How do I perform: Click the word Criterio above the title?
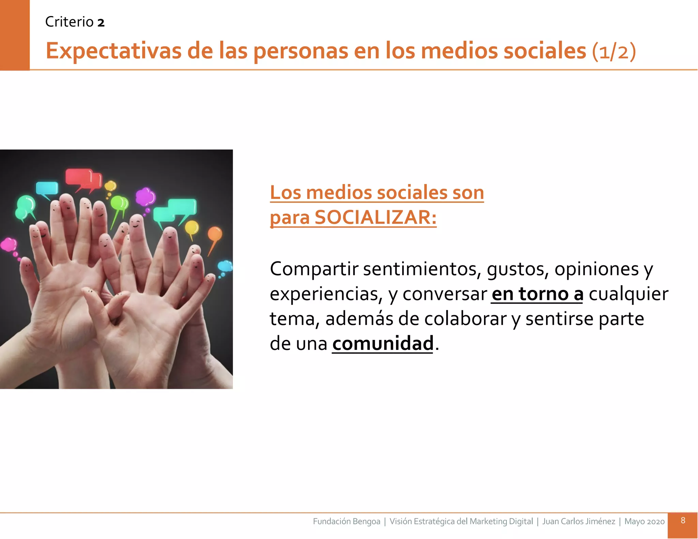pyautogui.click(x=69, y=22)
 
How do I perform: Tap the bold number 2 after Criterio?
pyautogui.click(x=101, y=23)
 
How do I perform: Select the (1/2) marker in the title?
pyautogui.click(x=614, y=52)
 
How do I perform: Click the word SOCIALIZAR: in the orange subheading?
pyautogui.click(x=375, y=217)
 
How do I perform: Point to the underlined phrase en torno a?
pyautogui.click(x=537, y=294)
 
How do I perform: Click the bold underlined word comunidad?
pyautogui.click(x=383, y=343)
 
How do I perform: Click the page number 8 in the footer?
pyautogui.click(x=683, y=520)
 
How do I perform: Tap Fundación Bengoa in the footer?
pyautogui.click(x=346, y=521)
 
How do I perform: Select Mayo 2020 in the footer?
pyautogui.click(x=644, y=521)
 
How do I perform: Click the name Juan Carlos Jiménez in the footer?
pyautogui.click(x=578, y=521)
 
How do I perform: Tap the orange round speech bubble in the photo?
pyautogui.click(x=215, y=234)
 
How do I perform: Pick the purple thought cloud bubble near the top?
pyautogui.click(x=146, y=197)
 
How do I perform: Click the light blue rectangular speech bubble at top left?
pyautogui.click(x=47, y=188)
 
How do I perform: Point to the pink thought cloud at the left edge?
pyautogui.click(x=9, y=244)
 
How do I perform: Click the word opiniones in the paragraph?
pyautogui.click(x=596, y=269)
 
